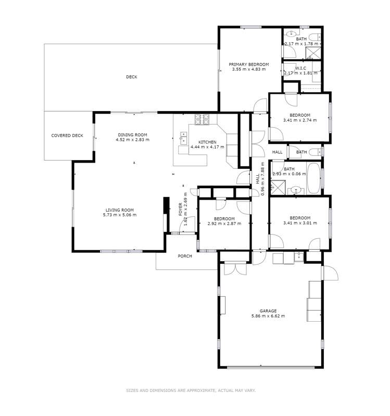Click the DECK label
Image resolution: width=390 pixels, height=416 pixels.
pyautogui.click(x=131, y=77)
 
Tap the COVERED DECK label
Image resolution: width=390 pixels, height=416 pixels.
pyautogui.click(x=67, y=136)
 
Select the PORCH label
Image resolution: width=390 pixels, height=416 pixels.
pyautogui.click(x=185, y=256)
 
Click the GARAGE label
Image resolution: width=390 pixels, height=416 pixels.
pyautogui.click(x=268, y=311)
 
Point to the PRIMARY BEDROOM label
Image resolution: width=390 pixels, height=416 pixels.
pyautogui.click(x=249, y=65)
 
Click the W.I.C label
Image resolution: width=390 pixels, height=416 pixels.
pyautogui.click(x=301, y=68)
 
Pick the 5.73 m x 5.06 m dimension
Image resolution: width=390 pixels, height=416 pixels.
pyautogui.click(x=120, y=215)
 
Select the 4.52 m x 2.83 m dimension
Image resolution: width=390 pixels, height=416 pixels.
pyautogui.click(x=132, y=140)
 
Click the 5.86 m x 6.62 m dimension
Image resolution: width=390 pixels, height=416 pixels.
pyautogui.click(x=268, y=316)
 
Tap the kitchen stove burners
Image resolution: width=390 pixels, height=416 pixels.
pyautogui.click(x=202, y=119)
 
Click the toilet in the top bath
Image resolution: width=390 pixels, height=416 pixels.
pyautogui.click(x=316, y=37)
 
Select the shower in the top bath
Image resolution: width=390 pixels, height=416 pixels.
pyautogui.click(x=313, y=53)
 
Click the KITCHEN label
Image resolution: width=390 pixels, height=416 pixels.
pyautogui.click(x=207, y=142)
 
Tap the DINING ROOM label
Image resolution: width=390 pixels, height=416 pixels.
pyautogui.click(x=132, y=135)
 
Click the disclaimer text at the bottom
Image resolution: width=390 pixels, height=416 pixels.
pyautogui.click(x=191, y=390)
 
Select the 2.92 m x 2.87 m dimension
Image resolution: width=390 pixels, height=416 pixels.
pyautogui.click(x=224, y=224)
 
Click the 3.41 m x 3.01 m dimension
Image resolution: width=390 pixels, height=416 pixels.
pyautogui.click(x=300, y=223)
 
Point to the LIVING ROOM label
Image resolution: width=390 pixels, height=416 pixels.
pyautogui.click(x=120, y=210)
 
